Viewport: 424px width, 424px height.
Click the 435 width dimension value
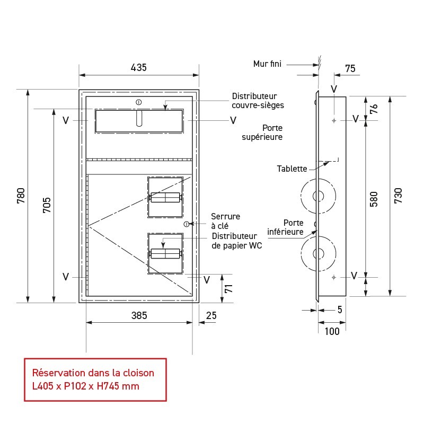pyautogui.click(x=138, y=67)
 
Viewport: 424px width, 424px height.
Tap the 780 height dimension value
pyautogui.click(x=21, y=196)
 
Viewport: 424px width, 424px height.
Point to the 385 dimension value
pyautogui.click(x=138, y=315)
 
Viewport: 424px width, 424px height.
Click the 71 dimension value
pyautogui.click(x=229, y=288)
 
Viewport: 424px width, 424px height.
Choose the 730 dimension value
pyautogui.click(x=398, y=196)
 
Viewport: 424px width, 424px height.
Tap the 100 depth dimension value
pyautogui.click(x=332, y=332)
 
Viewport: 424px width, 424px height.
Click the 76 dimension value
pyautogui.click(x=374, y=109)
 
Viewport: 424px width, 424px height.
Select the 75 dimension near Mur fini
pyautogui.click(x=350, y=68)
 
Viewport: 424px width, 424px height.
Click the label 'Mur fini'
pyautogui.click(x=267, y=64)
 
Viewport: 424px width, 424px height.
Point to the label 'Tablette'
pyautogui.click(x=292, y=169)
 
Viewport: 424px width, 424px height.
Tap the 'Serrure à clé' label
pyautogui.click(x=225, y=221)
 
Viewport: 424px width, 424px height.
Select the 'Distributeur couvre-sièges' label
pyautogui.click(x=258, y=101)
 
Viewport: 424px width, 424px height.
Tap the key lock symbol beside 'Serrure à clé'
pyautogui.click(x=187, y=224)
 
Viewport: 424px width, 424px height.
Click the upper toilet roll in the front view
pyautogui.click(x=166, y=197)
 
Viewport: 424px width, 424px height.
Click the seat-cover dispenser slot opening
pyautogui.click(x=139, y=119)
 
